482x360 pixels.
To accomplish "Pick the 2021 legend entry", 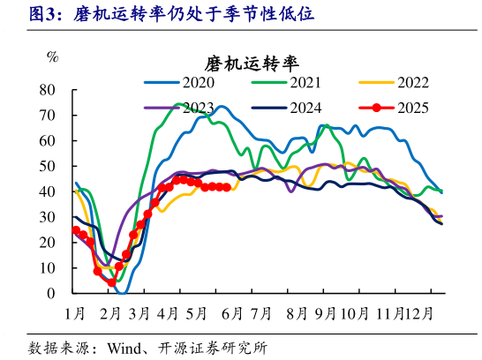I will point(305,84).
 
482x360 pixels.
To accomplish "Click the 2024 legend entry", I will point(305,108).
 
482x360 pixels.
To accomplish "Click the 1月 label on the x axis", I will point(74,311).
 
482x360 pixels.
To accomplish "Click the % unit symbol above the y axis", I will point(52,58).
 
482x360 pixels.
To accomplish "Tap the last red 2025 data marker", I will point(227,187).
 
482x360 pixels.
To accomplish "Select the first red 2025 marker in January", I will point(76,230).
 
